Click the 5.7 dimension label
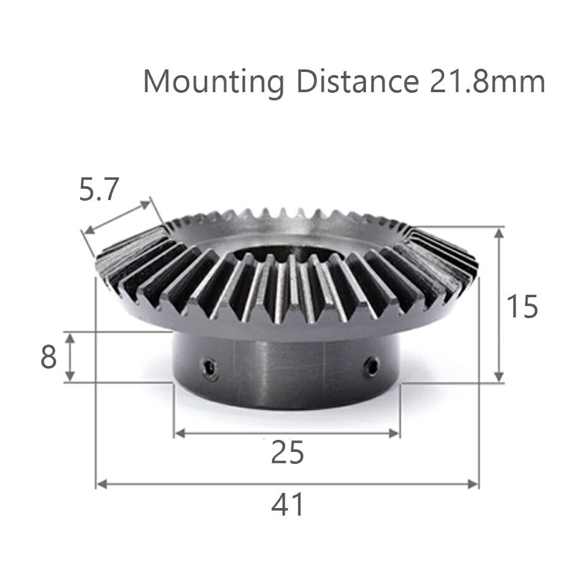[x=99, y=189]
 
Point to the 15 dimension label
[x=522, y=307]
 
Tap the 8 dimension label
[x=49, y=358]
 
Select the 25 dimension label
[x=287, y=453]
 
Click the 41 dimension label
[x=287, y=505]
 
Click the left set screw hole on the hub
[x=209, y=367]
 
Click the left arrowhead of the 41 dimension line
[x=100, y=484]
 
